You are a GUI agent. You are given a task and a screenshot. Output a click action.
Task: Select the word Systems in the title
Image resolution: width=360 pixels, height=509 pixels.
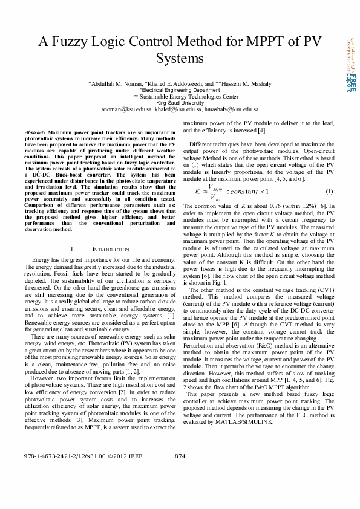pyautogui.click(x=180, y=58)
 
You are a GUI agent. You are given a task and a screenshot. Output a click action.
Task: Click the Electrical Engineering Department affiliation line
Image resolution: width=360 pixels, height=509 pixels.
pyautogui.click(x=180, y=89)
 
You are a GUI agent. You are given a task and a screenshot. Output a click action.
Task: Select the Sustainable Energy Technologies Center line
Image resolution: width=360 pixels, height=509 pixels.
pyautogui.click(x=180, y=96)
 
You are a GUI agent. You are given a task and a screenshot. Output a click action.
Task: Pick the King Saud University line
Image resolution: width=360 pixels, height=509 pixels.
pyautogui.click(x=180, y=103)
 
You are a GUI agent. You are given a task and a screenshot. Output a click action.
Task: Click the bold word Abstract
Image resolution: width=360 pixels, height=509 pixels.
pyautogui.click(x=34, y=131)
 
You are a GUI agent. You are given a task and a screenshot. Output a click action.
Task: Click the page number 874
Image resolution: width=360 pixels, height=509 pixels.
pyautogui.click(x=180, y=473)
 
